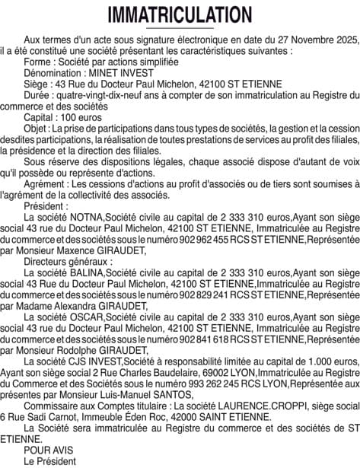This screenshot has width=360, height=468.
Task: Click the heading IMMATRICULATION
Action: pos(180,14)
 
